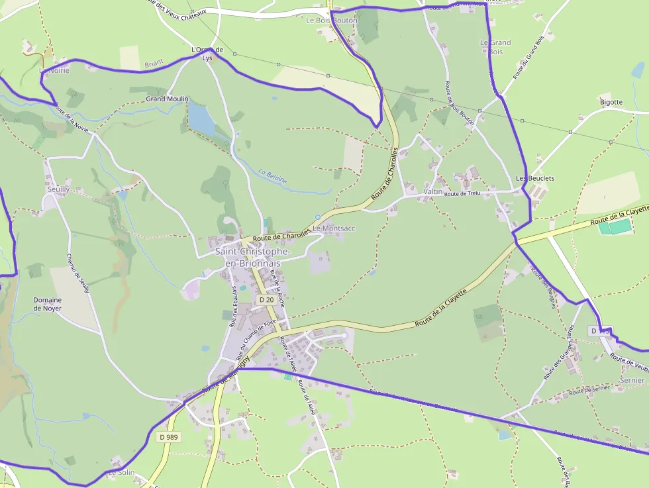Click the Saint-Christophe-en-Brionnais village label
click(252, 258)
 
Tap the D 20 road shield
click(266, 300)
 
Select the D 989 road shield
click(170, 437)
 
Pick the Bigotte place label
click(611, 102)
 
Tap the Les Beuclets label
click(535, 179)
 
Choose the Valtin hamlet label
click(432, 191)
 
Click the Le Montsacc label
click(334, 228)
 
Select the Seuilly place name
click(58, 189)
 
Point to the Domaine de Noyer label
click(48, 304)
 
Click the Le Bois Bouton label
click(331, 21)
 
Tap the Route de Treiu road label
click(462, 194)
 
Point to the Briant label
click(154, 64)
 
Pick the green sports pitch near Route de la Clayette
click(615, 227)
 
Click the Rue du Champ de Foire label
click(256, 340)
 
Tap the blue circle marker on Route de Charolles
click(318, 217)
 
